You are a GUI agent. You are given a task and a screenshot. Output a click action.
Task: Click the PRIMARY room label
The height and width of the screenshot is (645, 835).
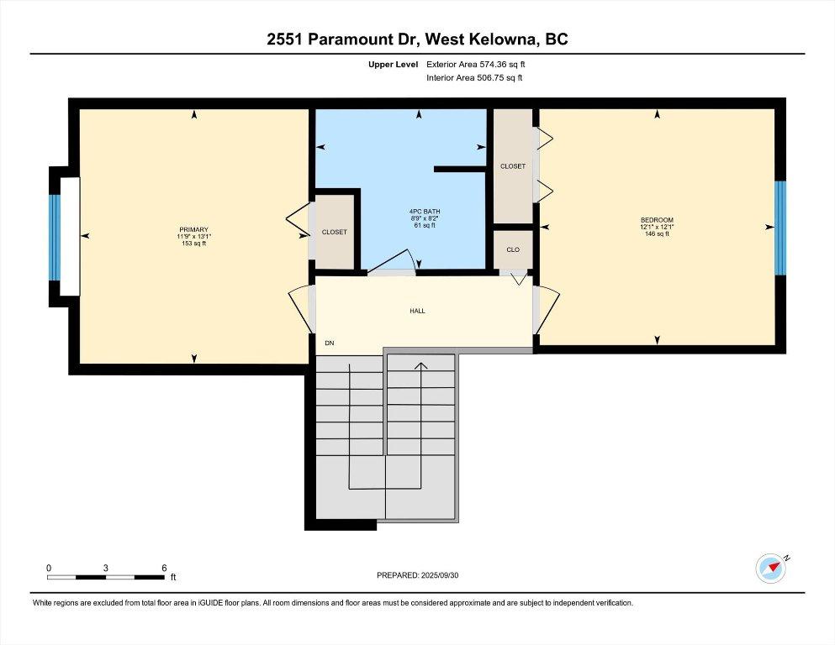(x=193, y=230)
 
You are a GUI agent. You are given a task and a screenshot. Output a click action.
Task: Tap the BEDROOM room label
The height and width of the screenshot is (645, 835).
(x=657, y=220)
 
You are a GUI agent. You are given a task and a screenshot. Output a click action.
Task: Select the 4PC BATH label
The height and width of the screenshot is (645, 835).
(x=419, y=212)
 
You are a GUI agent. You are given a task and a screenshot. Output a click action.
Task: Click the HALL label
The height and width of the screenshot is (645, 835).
(x=417, y=311)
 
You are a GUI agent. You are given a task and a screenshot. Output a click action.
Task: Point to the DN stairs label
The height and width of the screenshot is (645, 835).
(x=329, y=343)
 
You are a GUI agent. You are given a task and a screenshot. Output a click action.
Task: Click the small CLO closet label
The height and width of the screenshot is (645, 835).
(x=513, y=249)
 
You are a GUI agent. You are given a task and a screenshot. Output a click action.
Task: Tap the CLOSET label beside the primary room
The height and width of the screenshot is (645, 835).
(x=334, y=232)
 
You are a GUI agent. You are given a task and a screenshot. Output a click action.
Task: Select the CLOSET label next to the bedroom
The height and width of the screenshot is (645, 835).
(x=513, y=166)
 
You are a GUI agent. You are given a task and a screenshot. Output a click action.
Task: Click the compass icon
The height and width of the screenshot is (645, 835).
(x=770, y=568)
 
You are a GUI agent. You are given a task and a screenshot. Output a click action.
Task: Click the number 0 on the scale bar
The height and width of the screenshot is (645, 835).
(x=49, y=568)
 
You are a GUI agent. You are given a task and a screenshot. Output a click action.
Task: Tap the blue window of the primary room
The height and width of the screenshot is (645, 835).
(x=55, y=237)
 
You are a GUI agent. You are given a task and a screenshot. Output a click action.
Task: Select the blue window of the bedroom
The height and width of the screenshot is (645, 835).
(x=780, y=228)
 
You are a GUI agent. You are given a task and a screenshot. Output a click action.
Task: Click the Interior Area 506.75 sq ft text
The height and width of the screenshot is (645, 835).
(x=475, y=78)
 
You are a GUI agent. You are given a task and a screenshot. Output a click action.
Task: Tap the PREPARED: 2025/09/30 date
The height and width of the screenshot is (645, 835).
(x=417, y=575)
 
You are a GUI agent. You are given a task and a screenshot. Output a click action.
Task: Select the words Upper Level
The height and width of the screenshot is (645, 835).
(x=391, y=63)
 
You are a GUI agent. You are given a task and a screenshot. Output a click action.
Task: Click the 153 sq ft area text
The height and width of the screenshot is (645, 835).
(x=193, y=244)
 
